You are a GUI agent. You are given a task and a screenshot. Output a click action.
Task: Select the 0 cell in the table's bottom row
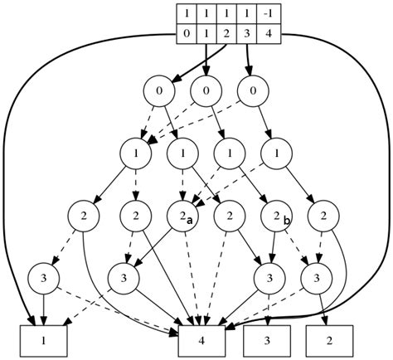tap(187, 34)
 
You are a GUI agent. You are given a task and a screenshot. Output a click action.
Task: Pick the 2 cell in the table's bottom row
tap(226, 34)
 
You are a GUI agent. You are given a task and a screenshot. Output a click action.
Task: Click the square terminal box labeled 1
tap(43, 339)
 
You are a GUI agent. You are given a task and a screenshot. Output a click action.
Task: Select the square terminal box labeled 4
tap(203, 339)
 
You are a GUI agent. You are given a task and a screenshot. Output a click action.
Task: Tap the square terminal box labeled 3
tap(268, 339)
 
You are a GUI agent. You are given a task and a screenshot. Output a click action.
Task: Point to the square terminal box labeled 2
tap(330, 339)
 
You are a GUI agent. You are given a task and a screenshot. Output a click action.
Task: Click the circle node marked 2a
tap(182, 216)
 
